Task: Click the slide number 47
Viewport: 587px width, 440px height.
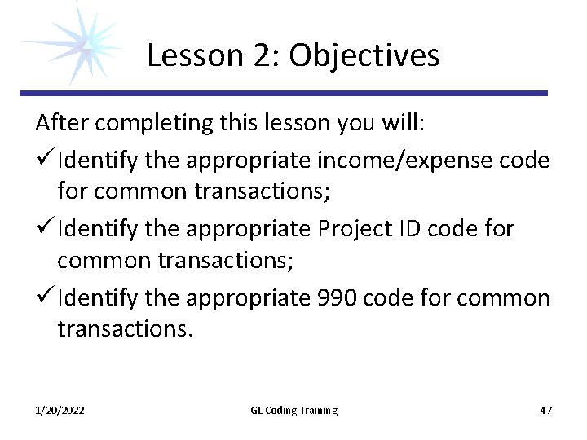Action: [x=545, y=410]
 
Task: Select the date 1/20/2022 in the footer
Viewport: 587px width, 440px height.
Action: [x=60, y=410]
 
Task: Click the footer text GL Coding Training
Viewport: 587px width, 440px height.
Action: [x=293, y=410]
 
